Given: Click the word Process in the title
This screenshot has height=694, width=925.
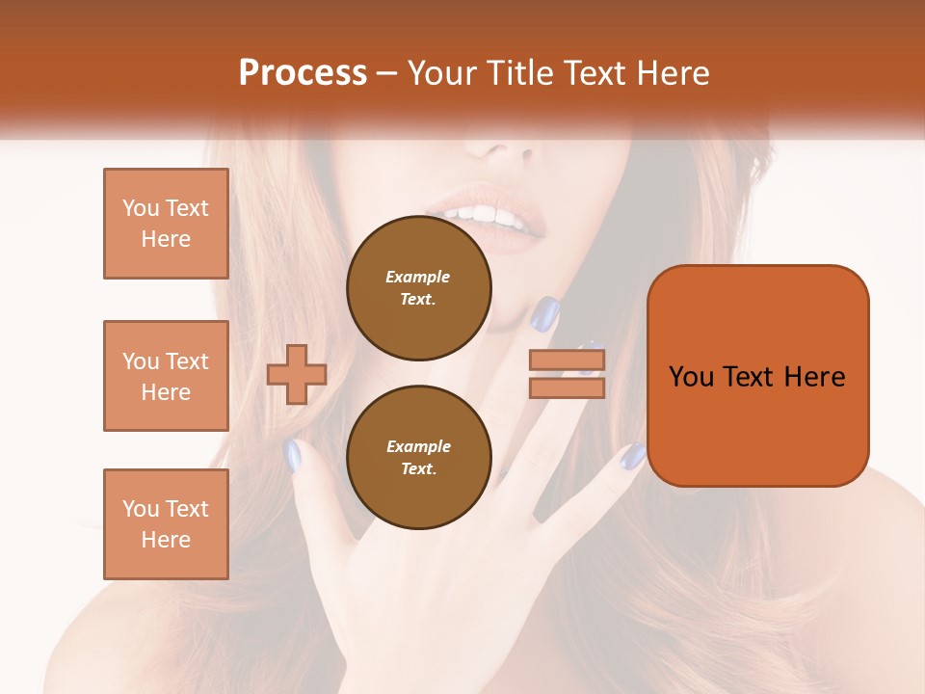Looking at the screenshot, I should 303,72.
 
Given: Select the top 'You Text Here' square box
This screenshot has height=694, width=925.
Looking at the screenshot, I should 166,224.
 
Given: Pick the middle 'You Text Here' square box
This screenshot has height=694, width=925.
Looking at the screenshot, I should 166,376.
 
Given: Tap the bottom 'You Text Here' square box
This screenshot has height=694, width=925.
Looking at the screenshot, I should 166,523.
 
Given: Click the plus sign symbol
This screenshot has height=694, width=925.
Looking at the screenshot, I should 297,375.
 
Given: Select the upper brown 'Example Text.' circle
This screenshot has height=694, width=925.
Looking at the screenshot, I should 419,288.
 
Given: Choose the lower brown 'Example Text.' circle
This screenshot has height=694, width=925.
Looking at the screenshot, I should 419,458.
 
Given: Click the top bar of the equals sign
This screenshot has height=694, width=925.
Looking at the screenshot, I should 568,361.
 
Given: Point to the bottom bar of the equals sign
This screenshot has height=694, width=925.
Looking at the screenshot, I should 568,387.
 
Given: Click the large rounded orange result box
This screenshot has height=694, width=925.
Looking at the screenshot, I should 757,424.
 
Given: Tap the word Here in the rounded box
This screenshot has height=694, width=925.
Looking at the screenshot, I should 814,377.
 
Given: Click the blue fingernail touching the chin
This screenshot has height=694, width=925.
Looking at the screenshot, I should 546,313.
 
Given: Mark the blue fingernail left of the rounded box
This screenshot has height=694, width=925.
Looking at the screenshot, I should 633,456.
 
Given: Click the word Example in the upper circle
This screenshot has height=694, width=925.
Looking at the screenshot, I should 418,277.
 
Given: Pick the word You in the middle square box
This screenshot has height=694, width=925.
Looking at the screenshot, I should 139,361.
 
